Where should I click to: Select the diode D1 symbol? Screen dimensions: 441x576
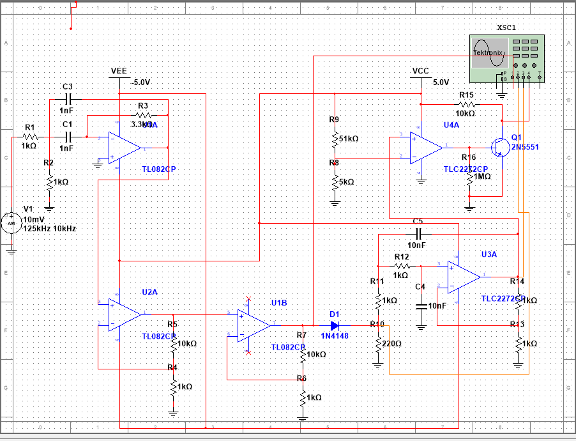coord(335,325)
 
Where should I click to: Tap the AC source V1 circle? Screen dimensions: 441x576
coord(11,223)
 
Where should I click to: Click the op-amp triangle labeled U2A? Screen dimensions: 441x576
coord(126,314)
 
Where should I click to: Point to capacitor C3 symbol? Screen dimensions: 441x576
coord(70,99)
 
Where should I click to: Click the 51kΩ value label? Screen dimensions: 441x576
coord(348,139)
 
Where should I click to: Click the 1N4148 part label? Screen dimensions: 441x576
coord(335,336)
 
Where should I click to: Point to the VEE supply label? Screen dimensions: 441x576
coord(119,70)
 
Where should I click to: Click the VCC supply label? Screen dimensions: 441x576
coord(421,70)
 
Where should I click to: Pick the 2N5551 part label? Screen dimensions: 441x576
coord(525,147)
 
